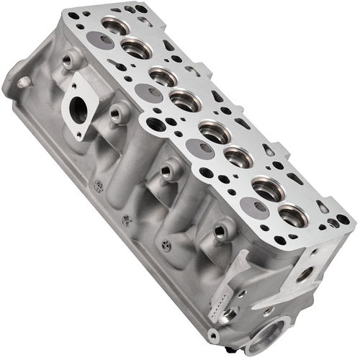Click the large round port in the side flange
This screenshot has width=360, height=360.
point(76,112)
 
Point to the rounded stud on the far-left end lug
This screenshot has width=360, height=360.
point(22,82)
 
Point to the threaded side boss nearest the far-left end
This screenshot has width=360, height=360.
point(71,60)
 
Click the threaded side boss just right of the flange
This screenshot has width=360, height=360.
point(117,113)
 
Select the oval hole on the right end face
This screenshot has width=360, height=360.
point(305,274)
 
